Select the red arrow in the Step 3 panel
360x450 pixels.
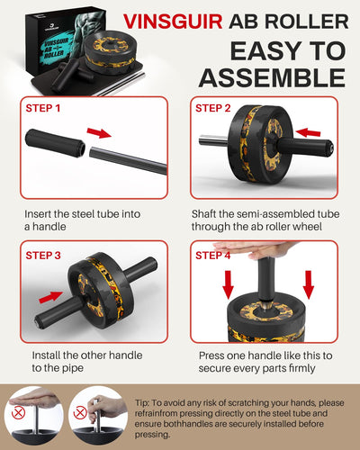51,293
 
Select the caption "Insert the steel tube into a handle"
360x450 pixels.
76,223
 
